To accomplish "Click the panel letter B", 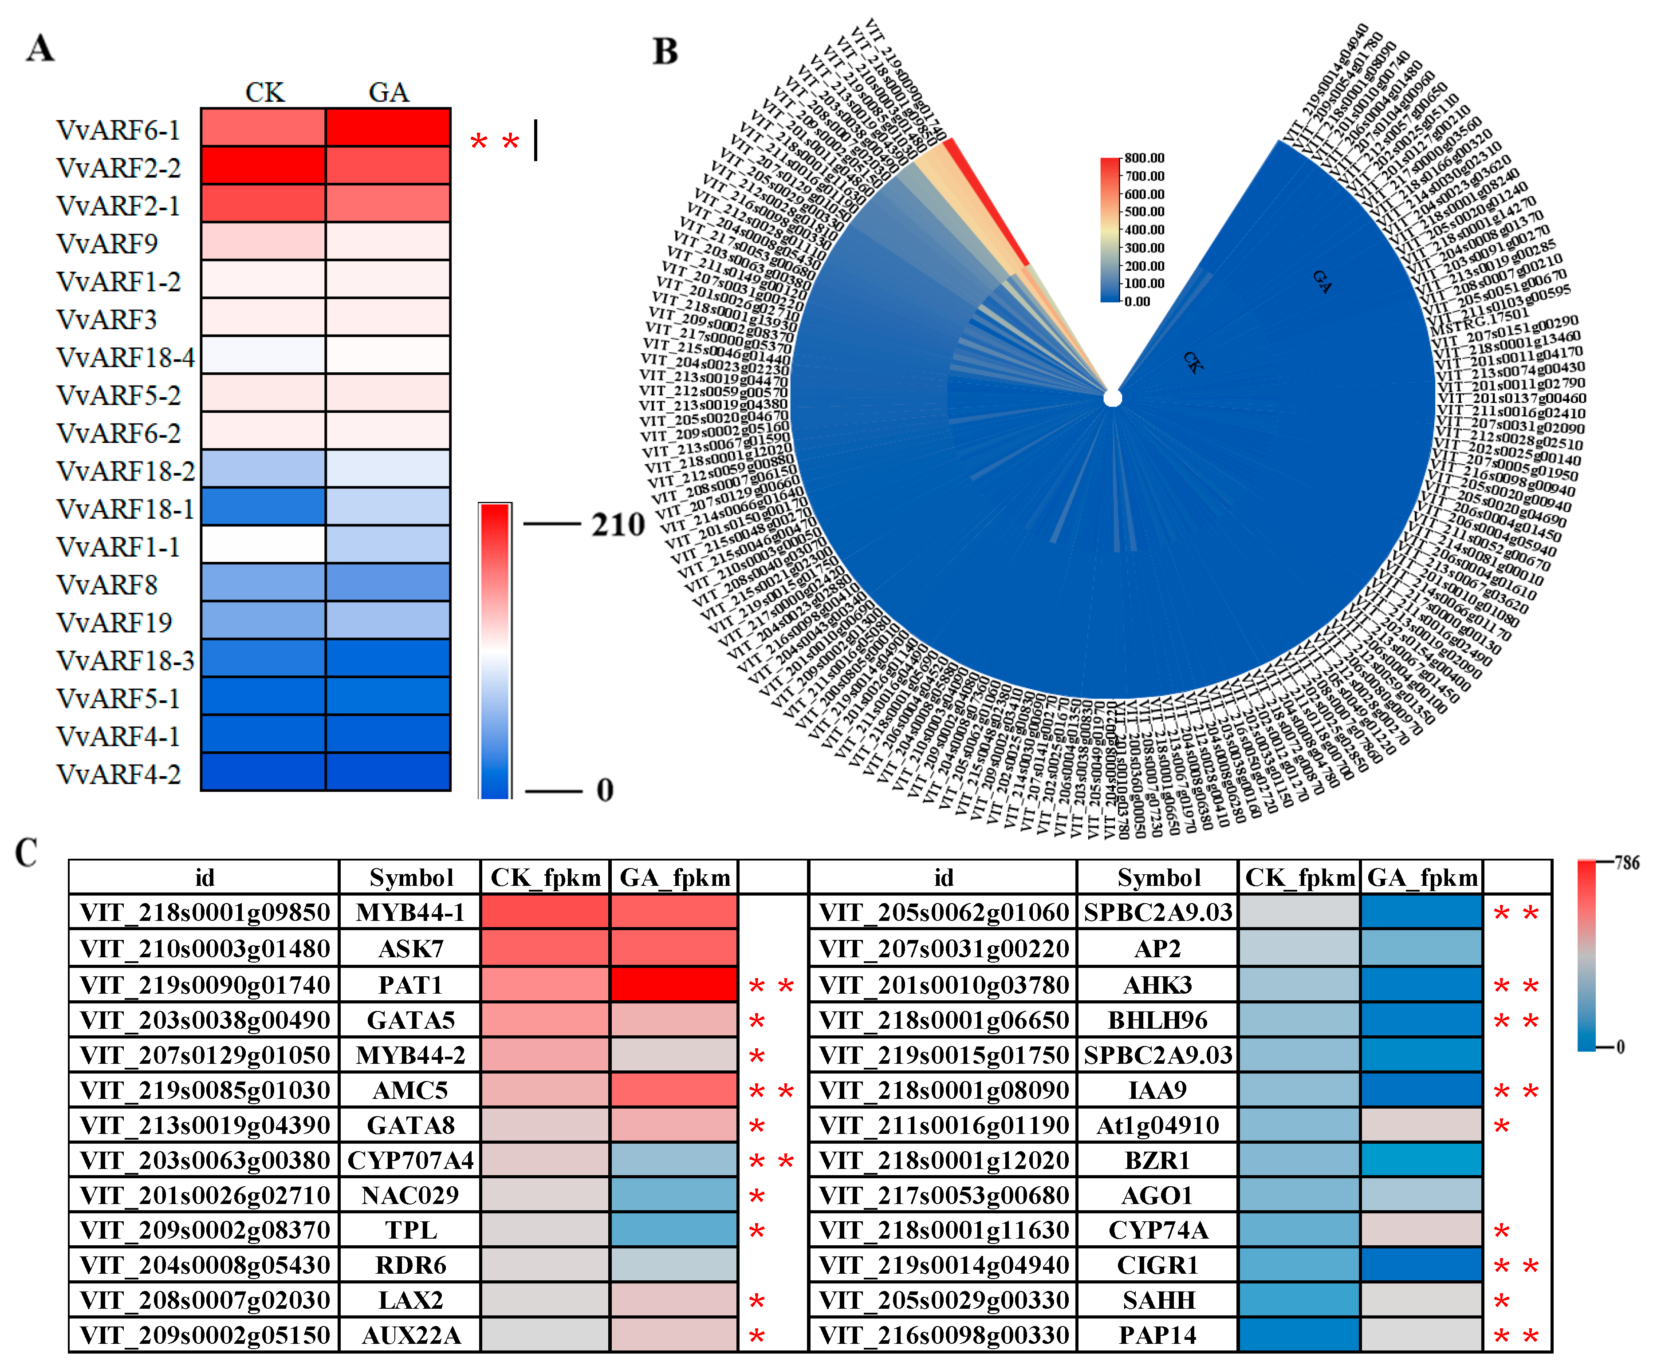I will [x=665, y=52].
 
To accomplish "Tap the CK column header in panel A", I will [x=264, y=93].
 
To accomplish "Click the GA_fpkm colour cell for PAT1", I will [x=673, y=985].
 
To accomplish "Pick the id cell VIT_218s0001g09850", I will [x=205, y=912].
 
